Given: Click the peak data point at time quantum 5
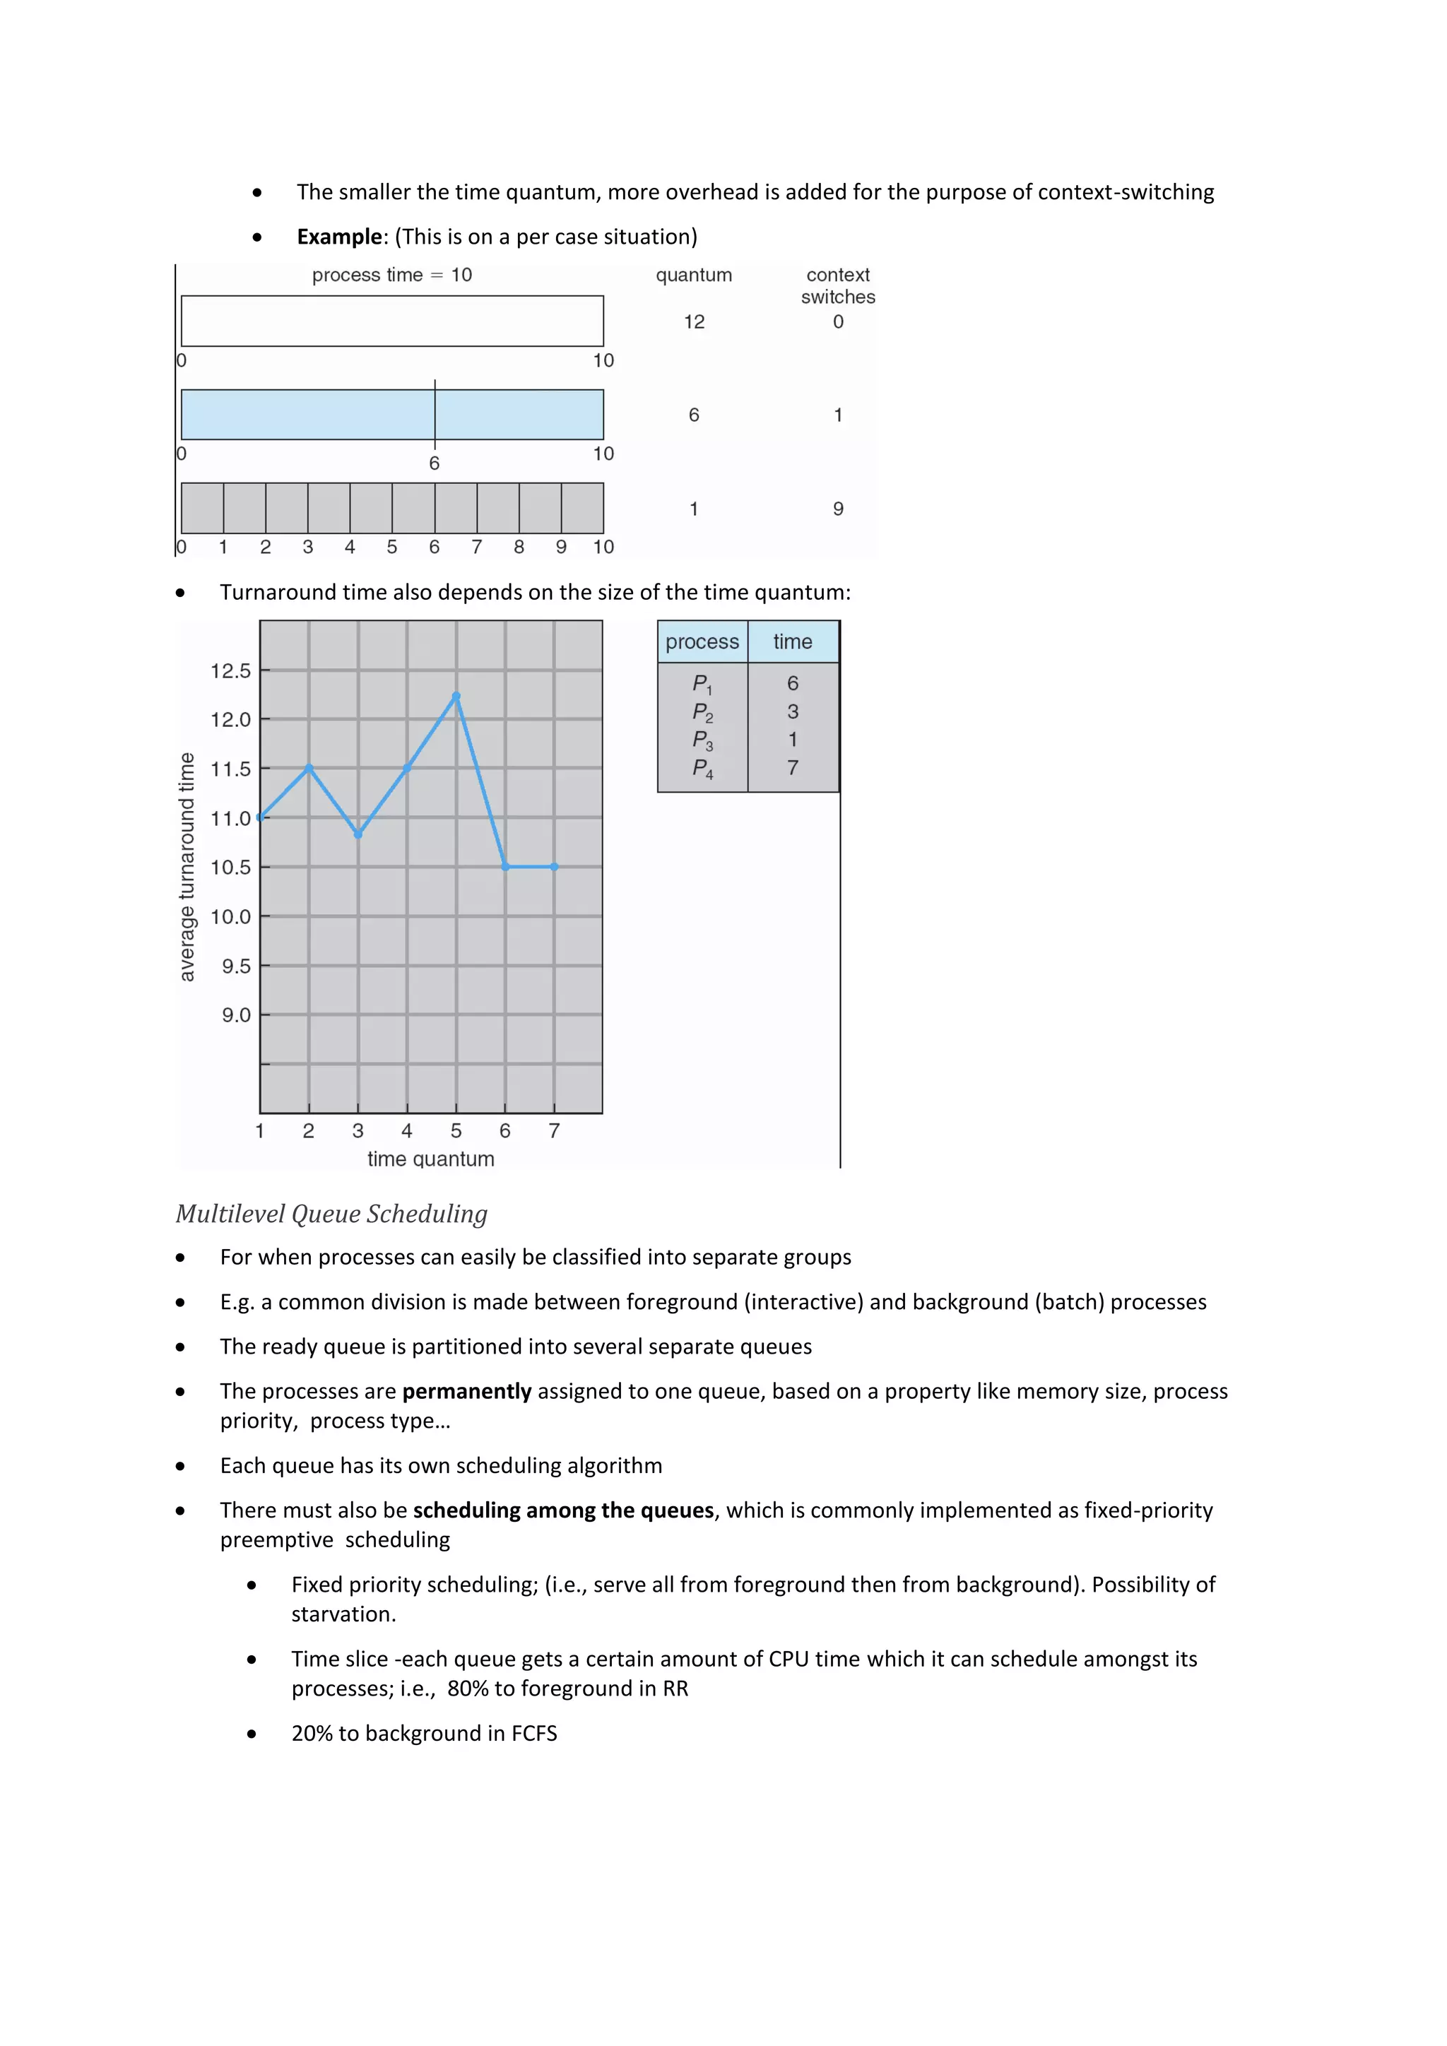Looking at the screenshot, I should tap(456, 696).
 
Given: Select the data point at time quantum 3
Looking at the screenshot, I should tap(358, 834).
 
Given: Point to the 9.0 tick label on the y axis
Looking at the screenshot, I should tap(236, 1015).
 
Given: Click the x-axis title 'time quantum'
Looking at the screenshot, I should tap(430, 1159).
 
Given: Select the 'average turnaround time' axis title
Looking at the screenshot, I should tap(187, 867).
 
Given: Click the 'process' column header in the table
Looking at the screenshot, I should tap(702, 641).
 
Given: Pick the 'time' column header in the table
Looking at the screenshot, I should tap(792, 641).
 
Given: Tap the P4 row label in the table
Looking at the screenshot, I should tap(702, 768).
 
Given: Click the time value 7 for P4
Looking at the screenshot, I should tap(792, 767).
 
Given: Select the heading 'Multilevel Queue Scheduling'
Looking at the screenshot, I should tap(331, 1214).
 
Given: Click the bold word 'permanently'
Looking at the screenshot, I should tap(466, 1391).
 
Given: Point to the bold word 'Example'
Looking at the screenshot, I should tap(338, 237).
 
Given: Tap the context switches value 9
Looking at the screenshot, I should tap(837, 509).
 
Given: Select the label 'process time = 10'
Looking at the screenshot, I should tap(392, 276).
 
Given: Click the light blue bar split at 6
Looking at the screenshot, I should tap(392, 415).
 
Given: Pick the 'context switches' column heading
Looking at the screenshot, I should tap(837, 286).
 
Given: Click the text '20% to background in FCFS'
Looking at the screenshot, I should tap(424, 1733).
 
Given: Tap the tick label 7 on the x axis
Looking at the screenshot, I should tap(554, 1131).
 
